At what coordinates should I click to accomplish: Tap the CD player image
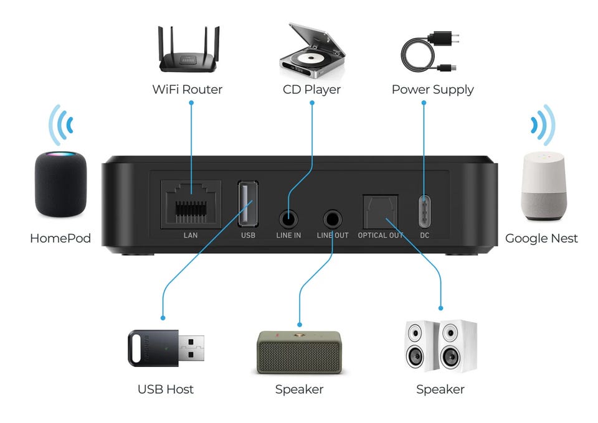312,50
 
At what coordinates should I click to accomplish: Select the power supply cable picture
430,52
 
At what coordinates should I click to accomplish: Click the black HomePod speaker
60,184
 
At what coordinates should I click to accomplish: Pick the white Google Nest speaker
544,186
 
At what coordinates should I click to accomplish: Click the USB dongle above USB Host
166,348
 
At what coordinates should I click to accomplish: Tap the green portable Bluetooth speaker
300,352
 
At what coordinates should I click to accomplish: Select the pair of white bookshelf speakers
440,346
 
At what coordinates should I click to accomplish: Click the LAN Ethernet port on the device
191,205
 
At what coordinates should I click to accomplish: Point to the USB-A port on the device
248,203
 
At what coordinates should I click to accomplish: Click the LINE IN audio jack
288,220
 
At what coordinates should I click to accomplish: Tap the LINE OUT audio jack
333,220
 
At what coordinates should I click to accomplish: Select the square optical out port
380,212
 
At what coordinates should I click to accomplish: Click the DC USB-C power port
424,211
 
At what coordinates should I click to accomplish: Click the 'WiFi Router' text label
187,90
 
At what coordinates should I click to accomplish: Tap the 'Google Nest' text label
541,239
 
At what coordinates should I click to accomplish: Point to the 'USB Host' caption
166,389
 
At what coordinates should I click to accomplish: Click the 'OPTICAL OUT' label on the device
380,235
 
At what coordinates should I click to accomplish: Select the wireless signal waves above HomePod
61,125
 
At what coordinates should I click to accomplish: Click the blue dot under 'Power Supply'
424,103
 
